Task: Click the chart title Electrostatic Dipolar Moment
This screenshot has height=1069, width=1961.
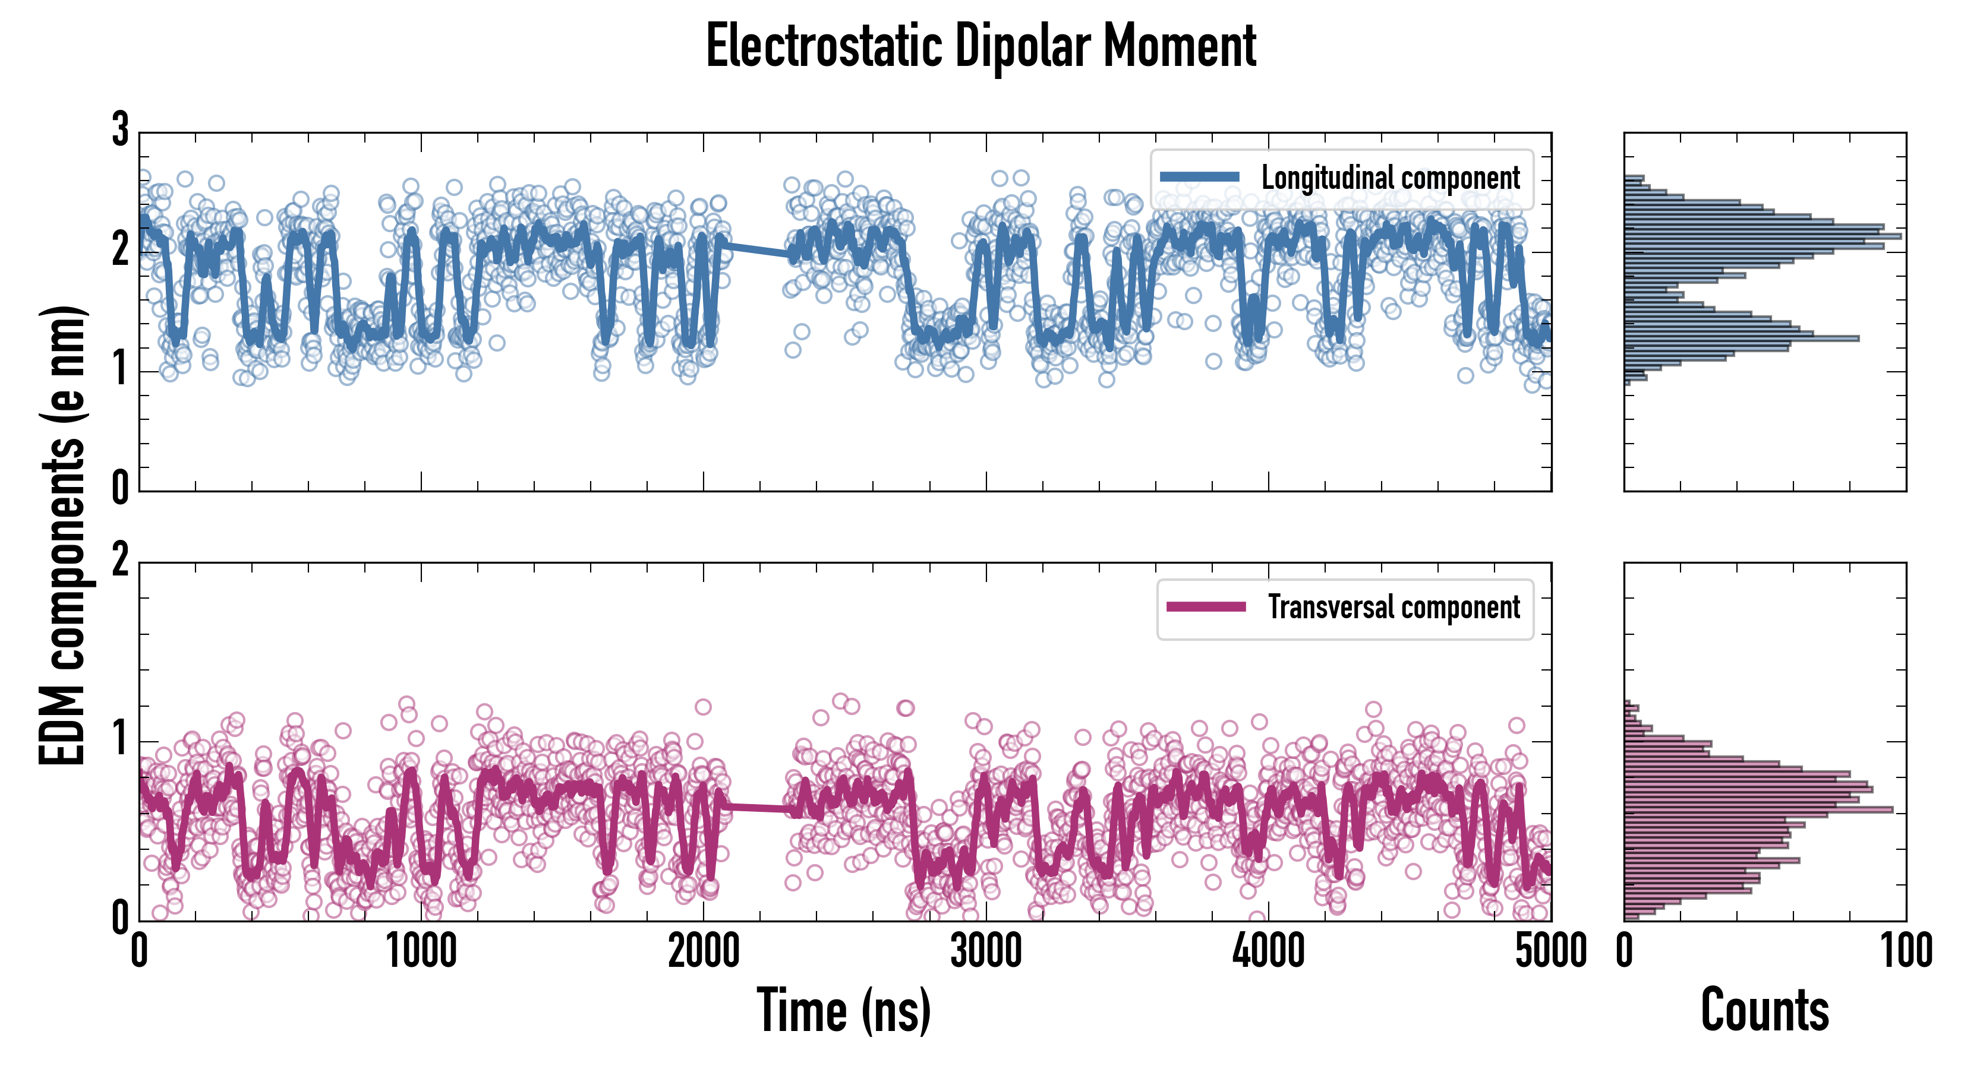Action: tap(980, 47)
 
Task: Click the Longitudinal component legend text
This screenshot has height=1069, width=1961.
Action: tap(1390, 178)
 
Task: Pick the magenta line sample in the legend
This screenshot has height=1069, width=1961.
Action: tap(1206, 607)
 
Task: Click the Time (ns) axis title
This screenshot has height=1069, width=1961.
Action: tap(843, 1010)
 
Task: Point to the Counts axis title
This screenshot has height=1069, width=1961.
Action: tap(1764, 1010)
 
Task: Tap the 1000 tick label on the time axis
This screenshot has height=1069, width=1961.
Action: tap(421, 952)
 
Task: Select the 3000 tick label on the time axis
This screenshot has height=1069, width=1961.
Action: tap(986, 952)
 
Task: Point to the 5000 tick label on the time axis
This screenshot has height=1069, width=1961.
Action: tap(1551, 952)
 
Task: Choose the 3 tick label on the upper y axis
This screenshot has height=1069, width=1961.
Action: tap(120, 130)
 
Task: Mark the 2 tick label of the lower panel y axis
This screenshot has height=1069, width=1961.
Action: tap(120, 561)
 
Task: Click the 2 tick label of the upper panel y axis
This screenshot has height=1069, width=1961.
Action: tap(120, 249)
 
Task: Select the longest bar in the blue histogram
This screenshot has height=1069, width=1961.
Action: tap(1761, 236)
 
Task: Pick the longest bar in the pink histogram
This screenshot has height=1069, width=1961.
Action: tap(1758, 809)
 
